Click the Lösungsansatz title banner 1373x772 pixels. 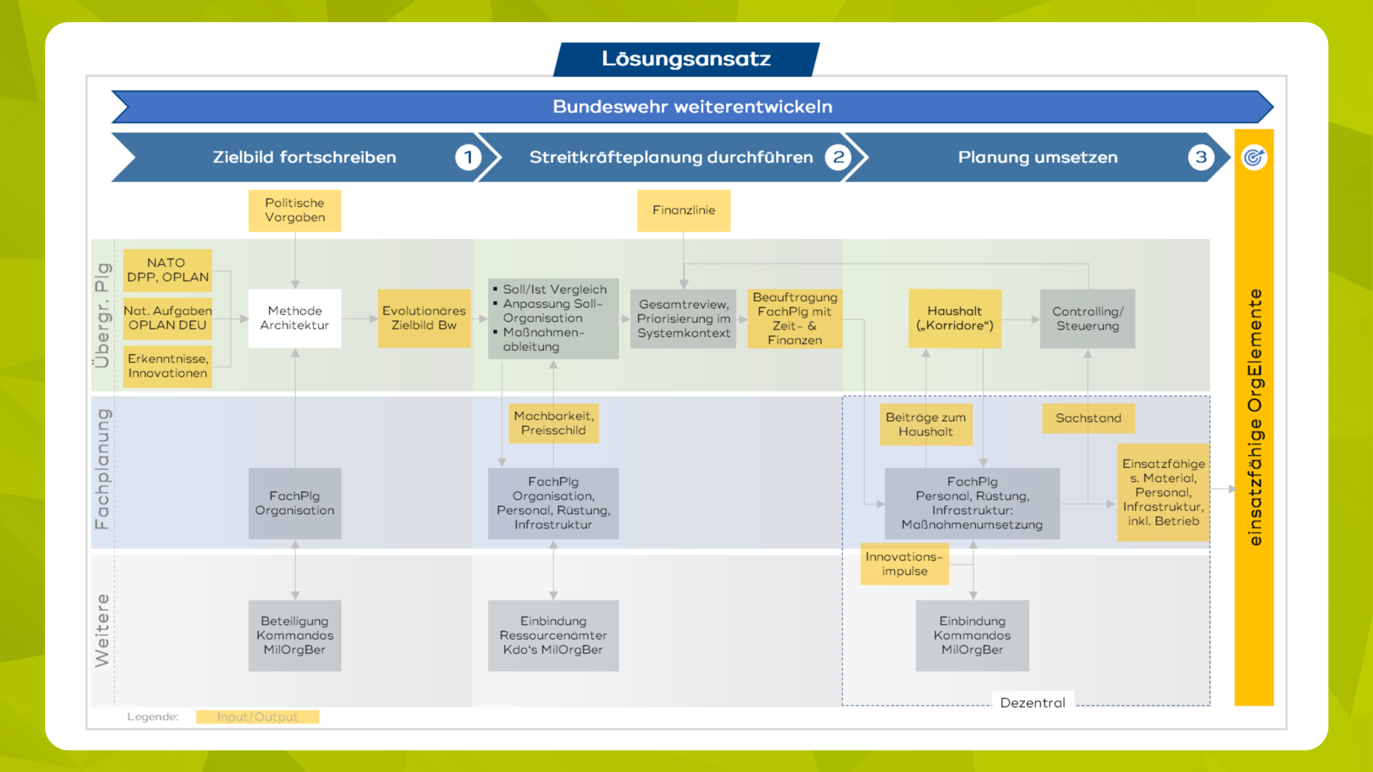(686, 59)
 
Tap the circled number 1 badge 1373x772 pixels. (468, 157)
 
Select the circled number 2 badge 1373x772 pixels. (838, 157)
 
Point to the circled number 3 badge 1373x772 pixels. (1201, 157)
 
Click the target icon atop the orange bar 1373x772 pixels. (1254, 157)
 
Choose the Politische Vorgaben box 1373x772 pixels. (295, 210)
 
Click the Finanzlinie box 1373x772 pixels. (684, 210)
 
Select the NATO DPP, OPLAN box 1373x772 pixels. (167, 270)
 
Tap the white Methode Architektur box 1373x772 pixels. (295, 318)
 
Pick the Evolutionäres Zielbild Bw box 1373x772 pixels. (424, 318)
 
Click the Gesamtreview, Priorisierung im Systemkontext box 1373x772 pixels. (684, 319)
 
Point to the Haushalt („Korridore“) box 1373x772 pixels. (955, 319)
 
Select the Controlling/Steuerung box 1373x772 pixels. (1088, 319)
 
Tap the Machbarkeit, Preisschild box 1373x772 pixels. (553, 423)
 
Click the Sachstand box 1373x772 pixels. (1088, 418)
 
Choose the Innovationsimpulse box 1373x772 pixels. (905, 564)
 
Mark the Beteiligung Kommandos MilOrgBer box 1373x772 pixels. (295, 635)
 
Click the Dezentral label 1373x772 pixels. (1033, 703)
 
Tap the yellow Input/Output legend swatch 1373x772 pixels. (257, 717)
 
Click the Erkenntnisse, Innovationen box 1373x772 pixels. (167, 366)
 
